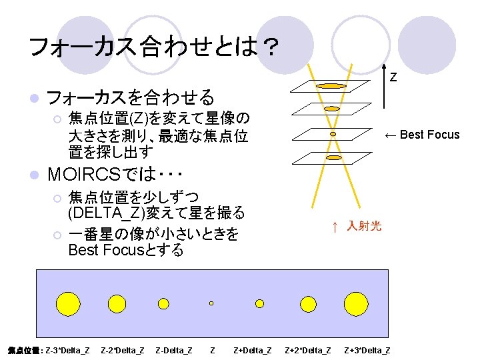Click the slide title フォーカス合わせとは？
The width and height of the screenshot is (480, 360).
(x=154, y=47)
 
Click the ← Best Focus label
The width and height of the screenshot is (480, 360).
(x=422, y=135)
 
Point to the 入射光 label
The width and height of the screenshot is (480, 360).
(x=363, y=227)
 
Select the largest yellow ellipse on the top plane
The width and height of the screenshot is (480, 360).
(x=331, y=86)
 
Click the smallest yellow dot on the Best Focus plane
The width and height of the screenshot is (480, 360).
(x=333, y=133)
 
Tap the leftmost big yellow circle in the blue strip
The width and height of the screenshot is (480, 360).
(x=68, y=303)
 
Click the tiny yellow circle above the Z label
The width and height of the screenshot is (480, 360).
(x=211, y=303)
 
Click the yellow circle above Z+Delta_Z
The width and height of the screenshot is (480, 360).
(x=259, y=303)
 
